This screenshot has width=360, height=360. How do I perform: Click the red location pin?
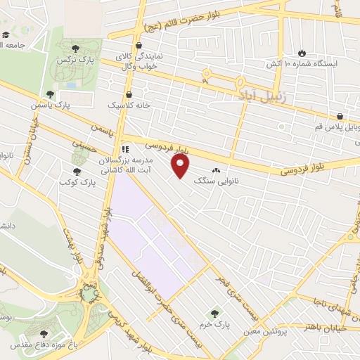coord(181,166)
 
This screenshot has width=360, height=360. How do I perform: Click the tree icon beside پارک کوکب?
coord(77,171)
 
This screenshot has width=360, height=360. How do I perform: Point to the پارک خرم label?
coord(219,325)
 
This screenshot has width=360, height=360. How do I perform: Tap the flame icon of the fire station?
coord(302,52)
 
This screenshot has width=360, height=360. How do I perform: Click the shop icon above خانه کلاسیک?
coord(129,94)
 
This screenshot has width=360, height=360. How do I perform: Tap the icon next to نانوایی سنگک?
coord(216,170)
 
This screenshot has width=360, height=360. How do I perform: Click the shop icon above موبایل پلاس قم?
coord(341,116)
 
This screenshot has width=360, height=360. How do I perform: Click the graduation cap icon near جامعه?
coord(6,34)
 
